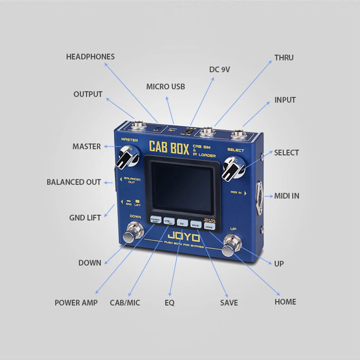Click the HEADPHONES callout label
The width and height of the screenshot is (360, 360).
90,57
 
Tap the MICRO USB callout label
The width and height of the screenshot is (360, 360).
166,87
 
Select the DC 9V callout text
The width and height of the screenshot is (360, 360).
220,69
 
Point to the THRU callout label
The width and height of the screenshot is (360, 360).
284,58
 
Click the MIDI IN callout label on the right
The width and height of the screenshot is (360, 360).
287,196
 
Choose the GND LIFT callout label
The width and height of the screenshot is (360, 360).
85,218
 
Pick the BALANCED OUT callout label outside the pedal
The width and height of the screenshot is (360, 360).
74,182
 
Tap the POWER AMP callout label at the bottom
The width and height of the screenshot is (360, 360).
76,303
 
